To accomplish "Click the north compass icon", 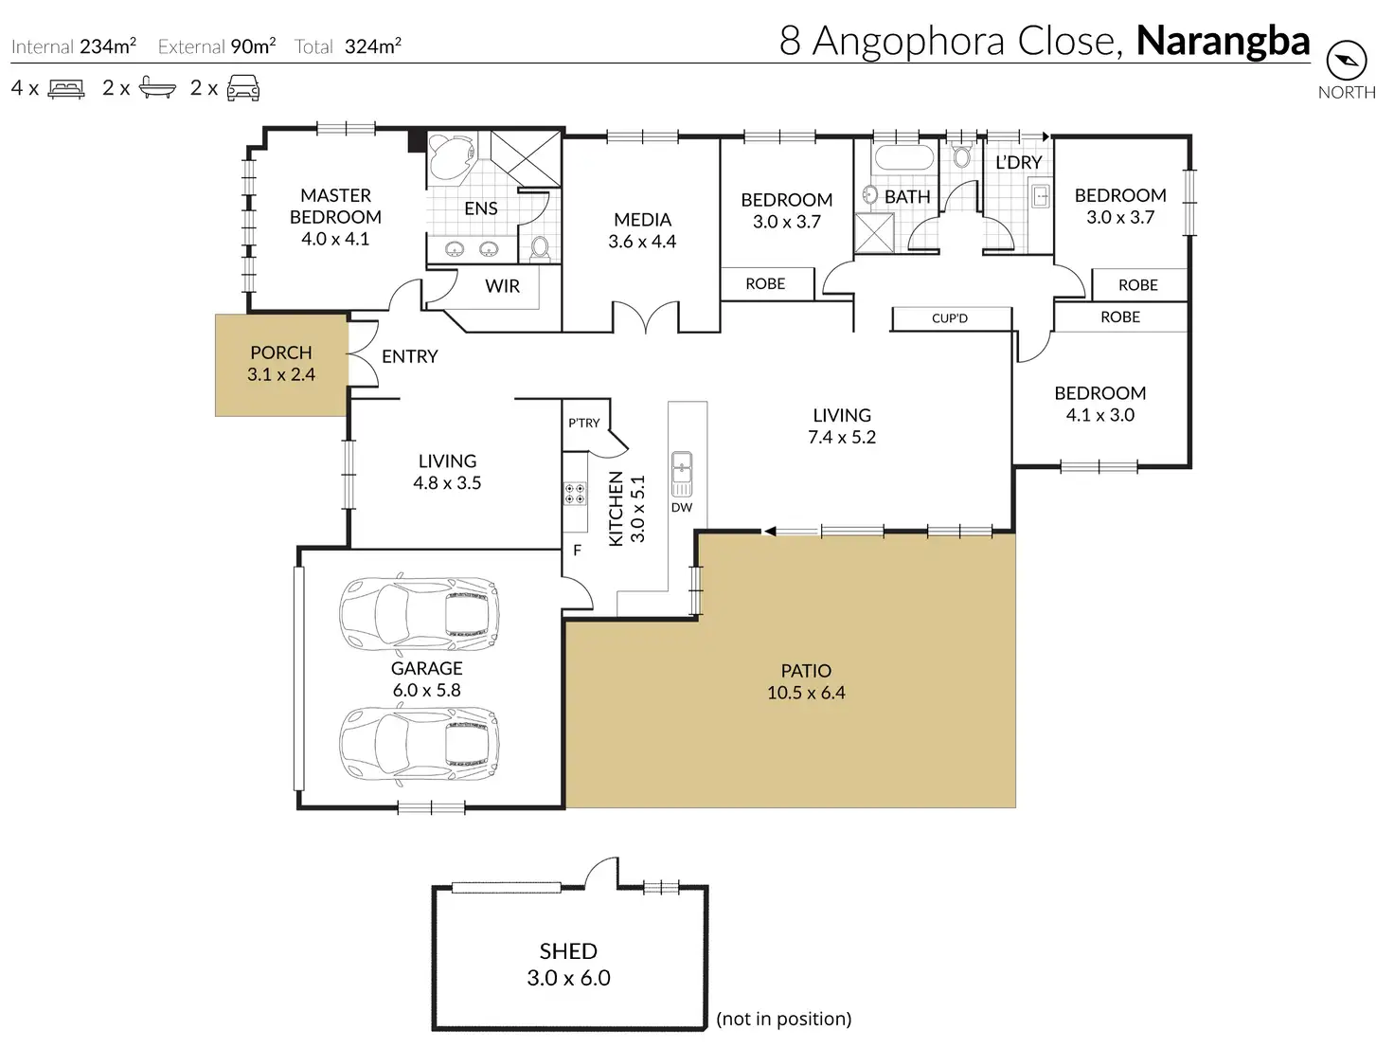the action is (x=1346, y=61).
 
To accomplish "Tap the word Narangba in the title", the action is (x=1223, y=41).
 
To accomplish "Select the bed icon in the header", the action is (x=66, y=88).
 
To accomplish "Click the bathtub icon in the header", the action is (x=157, y=88).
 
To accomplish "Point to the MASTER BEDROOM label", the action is (x=335, y=206).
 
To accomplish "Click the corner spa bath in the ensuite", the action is (x=451, y=157).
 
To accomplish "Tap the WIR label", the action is (x=502, y=286).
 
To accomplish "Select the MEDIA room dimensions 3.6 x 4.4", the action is (x=642, y=242).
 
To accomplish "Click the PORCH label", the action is (x=280, y=352).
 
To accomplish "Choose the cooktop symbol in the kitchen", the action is (x=576, y=494).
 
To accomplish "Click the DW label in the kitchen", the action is (x=682, y=508).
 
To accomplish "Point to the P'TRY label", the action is (x=583, y=423).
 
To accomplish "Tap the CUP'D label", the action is (x=950, y=318).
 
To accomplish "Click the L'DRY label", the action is (x=1019, y=163).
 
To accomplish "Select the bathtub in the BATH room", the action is (x=904, y=157).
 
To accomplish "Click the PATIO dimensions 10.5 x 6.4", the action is (x=806, y=693).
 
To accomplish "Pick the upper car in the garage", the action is (x=420, y=614).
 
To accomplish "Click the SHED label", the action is (x=568, y=950).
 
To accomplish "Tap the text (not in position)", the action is (x=784, y=1018).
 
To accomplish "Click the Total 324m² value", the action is (x=373, y=45).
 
